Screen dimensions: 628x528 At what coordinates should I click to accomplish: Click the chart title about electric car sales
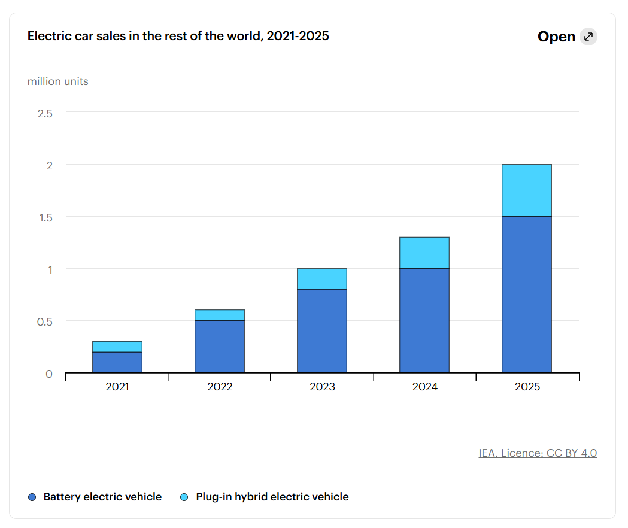[178, 36]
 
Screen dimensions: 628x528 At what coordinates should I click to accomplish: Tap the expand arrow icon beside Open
[588, 37]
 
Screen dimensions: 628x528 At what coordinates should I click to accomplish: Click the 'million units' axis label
[57, 81]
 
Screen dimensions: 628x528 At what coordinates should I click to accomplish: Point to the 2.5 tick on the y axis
[45, 114]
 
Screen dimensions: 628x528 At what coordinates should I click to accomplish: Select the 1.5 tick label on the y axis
[45, 217]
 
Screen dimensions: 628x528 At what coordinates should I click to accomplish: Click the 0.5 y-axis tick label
[45, 321]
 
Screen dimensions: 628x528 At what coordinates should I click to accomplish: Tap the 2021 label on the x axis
[117, 387]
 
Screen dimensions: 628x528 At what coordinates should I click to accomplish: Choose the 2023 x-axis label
[322, 387]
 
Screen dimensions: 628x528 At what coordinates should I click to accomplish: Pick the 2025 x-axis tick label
[527, 387]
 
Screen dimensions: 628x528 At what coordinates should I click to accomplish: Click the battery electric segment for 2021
[117, 363]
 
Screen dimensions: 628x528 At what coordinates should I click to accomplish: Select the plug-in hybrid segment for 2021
[117, 347]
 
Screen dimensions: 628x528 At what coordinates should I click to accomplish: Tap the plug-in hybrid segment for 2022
[220, 315]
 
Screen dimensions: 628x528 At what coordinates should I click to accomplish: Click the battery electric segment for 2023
[322, 331]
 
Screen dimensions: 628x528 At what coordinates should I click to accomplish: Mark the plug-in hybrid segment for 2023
[322, 279]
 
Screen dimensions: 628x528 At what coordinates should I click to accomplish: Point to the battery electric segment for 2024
[424, 320]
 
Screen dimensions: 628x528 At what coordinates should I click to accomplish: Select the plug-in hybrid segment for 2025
[527, 190]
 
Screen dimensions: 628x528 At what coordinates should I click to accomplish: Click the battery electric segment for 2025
[527, 295]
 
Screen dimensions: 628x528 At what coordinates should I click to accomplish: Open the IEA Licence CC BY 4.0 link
[538, 453]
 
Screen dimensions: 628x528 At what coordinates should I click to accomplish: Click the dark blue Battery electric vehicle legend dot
[32, 497]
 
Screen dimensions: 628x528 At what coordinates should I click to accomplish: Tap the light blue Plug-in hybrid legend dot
[184, 497]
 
